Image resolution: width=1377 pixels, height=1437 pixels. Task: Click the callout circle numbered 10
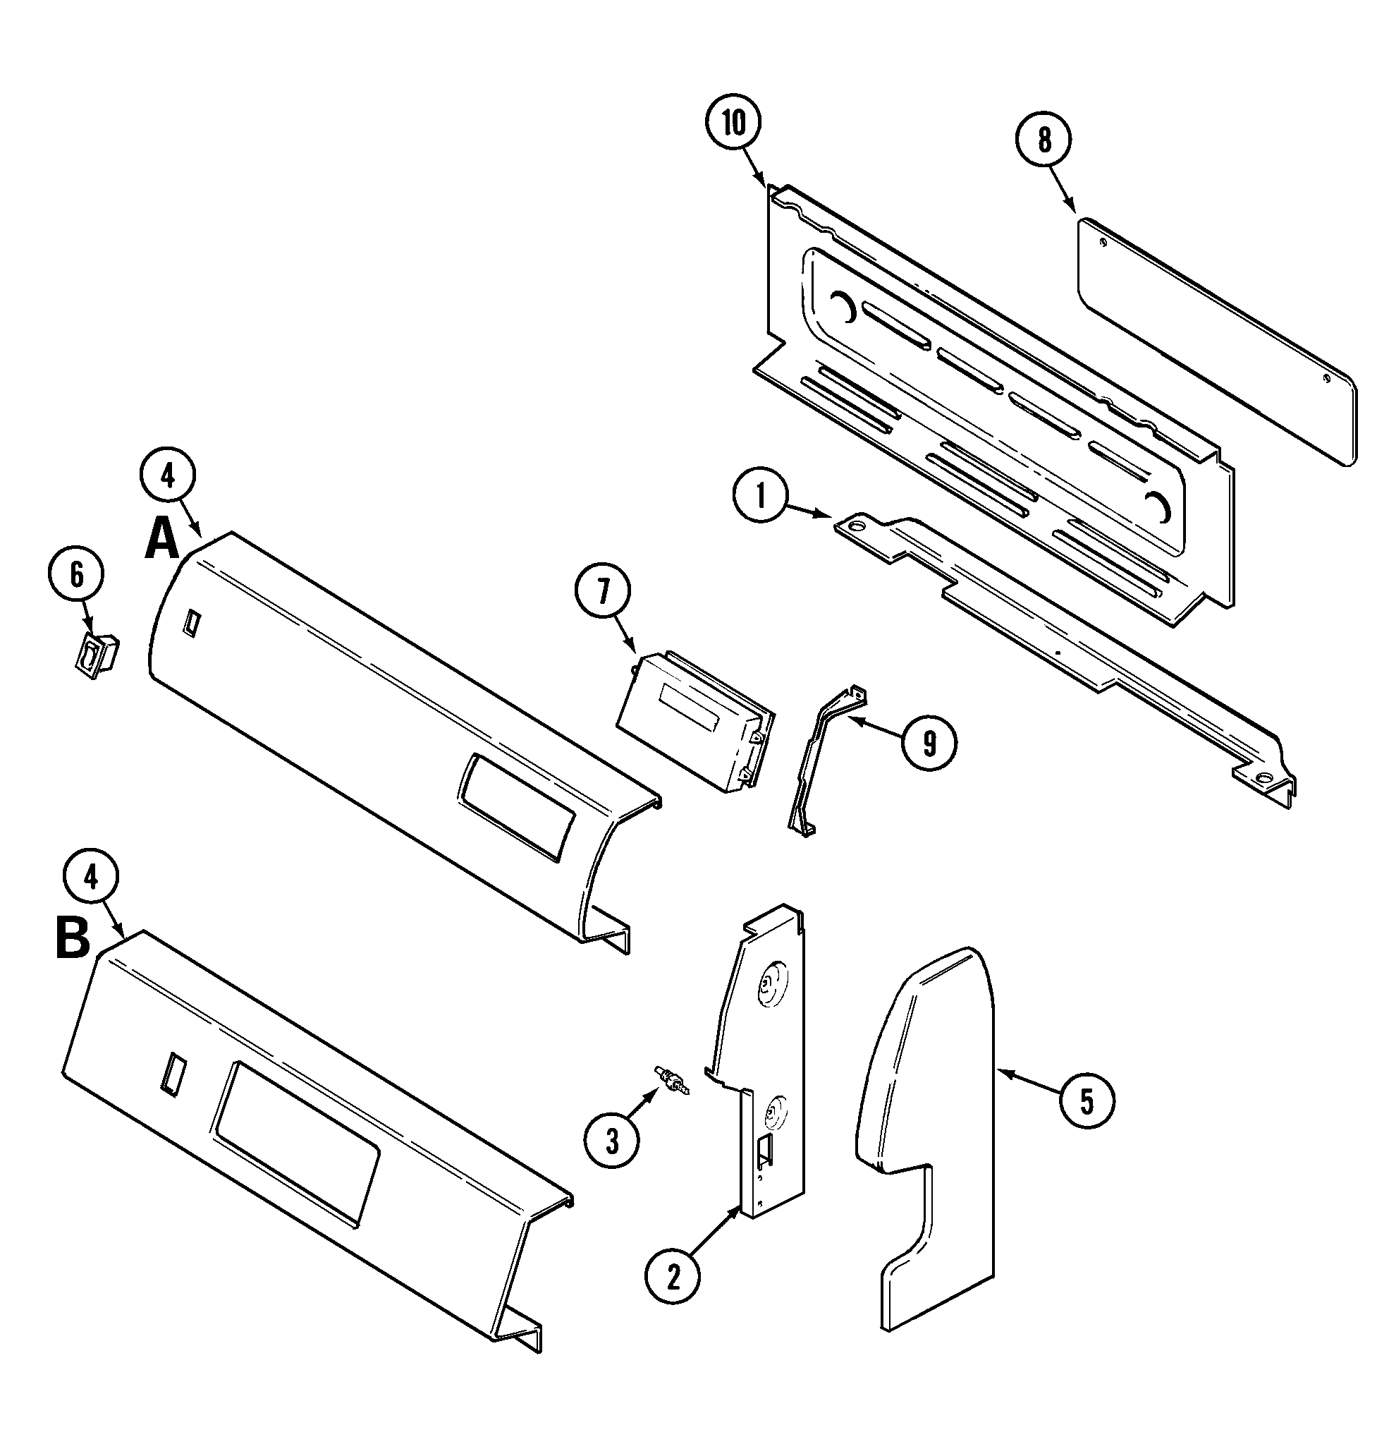click(733, 123)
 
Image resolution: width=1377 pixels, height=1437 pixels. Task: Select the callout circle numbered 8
click(1044, 140)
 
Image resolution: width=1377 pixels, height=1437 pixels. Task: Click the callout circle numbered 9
click(929, 744)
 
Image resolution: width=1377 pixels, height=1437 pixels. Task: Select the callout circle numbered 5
click(1086, 1100)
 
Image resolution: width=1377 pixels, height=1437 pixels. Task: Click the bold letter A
click(162, 541)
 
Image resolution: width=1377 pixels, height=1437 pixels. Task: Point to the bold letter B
click(73, 939)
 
